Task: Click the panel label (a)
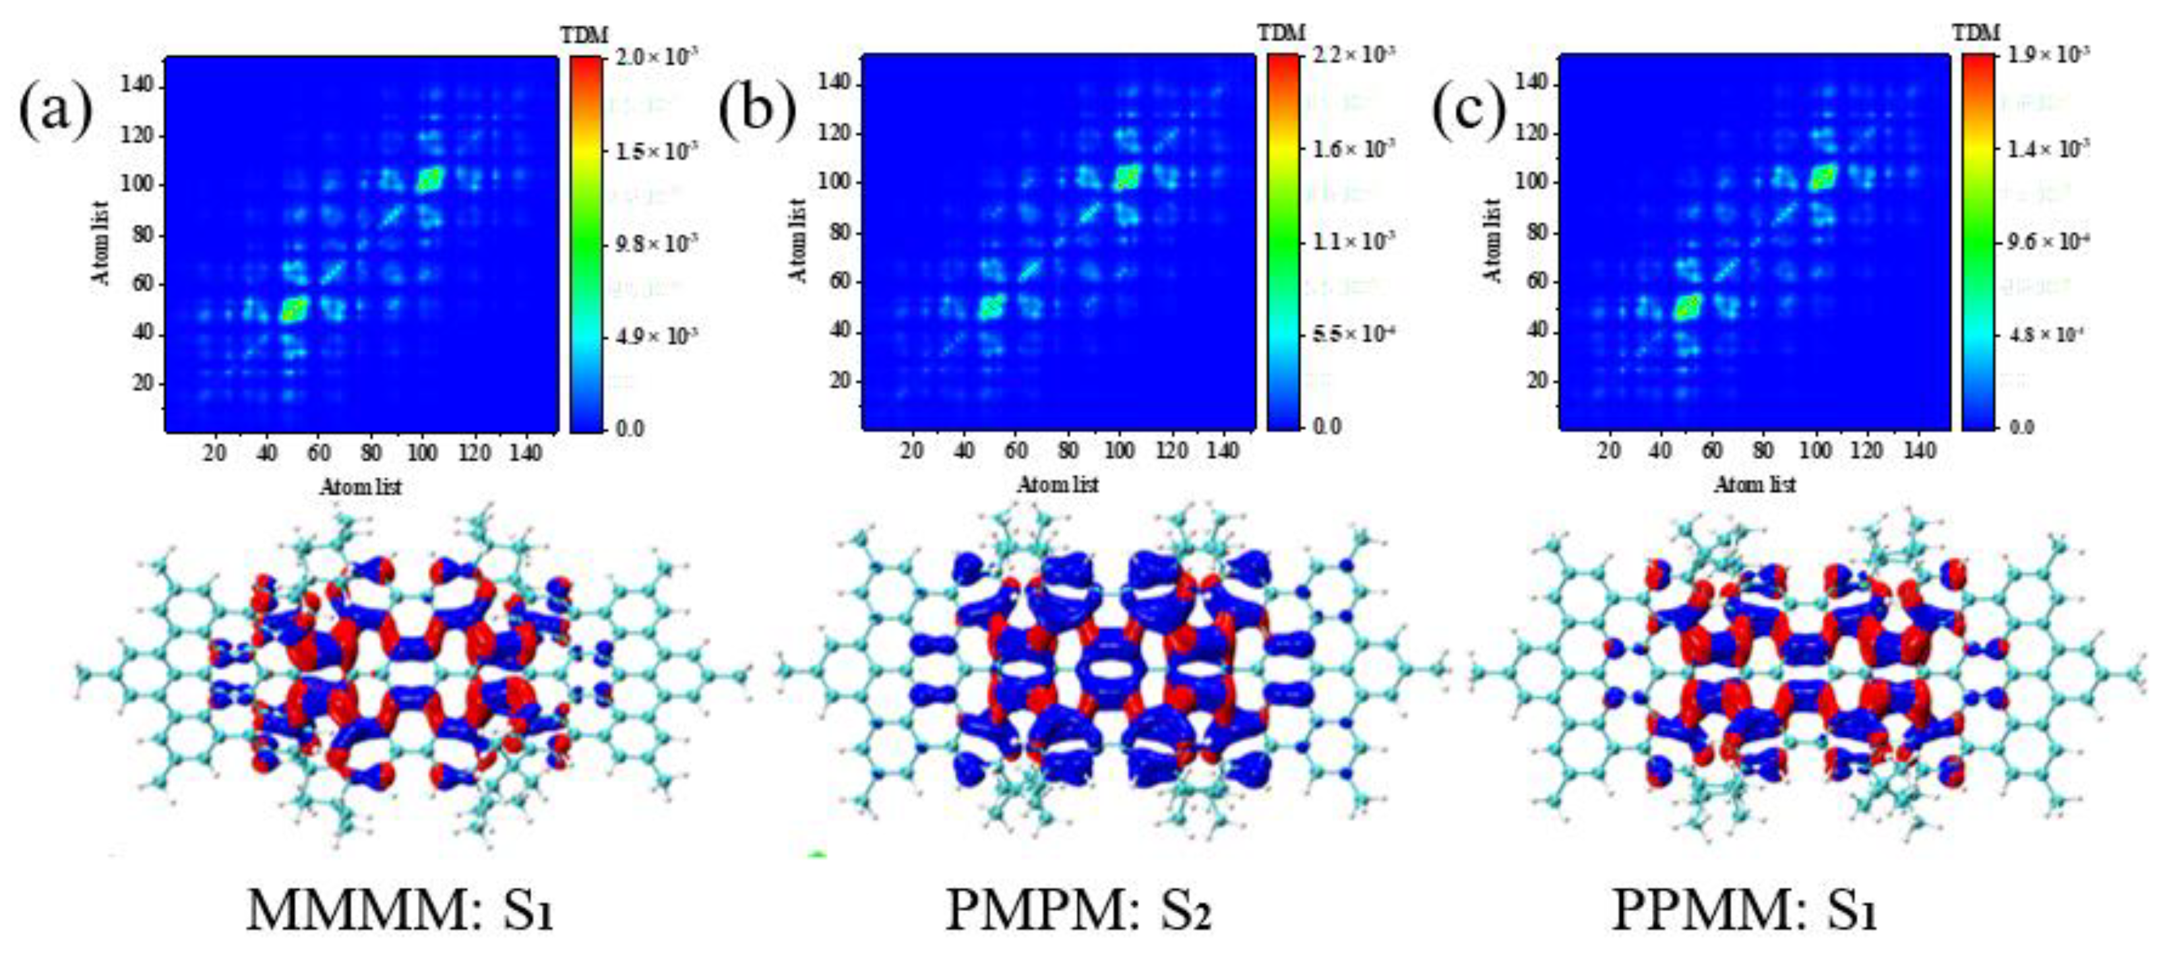pyautogui.click(x=55, y=114)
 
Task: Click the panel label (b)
pyautogui.click(x=756, y=113)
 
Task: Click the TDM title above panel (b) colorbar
pyautogui.click(x=1282, y=33)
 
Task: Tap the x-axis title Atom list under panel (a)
pyautogui.click(x=360, y=486)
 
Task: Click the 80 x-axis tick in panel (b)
pyautogui.click(x=1068, y=451)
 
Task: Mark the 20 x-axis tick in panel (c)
pyautogui.click(x=1609, y=451)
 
